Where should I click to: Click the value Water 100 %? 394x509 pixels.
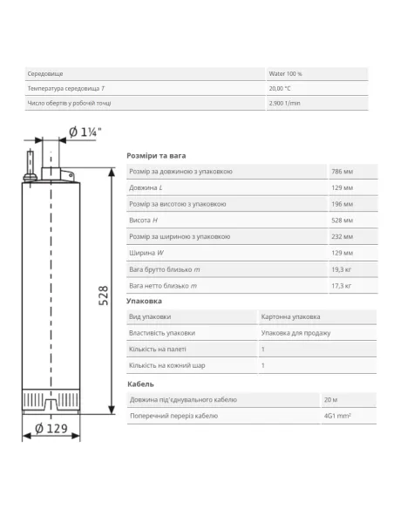click(x=285, y=74)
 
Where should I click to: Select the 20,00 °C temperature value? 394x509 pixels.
click(x=280, y=88)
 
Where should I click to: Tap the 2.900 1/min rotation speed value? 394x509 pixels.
click(x=284, y=103)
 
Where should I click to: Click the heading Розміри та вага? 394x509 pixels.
click(x=156, y=156)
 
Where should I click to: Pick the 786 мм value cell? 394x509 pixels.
click(x=342, y=172)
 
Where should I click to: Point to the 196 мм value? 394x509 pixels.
click(x=342, y=204)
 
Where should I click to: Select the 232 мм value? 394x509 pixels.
click(x=342, y=237)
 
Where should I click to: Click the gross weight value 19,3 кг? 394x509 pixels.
click(x=341, y=269)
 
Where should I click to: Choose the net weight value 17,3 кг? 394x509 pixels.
click(x=341, y=286)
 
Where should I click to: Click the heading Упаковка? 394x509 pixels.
click(x=144, y=302)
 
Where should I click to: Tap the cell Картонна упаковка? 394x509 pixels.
click(x=290, y=316)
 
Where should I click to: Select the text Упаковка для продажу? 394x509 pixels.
click(x=295, y=333)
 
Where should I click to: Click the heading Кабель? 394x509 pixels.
click(x=140, y=384)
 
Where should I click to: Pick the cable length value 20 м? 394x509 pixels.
click(x=330, y=400)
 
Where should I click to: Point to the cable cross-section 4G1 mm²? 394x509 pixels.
click(x=337, y=416)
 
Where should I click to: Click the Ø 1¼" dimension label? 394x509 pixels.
click(x=85, y=132)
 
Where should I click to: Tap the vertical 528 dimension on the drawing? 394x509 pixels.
click(x=103, y=295)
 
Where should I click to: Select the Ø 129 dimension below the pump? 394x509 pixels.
click(x=51, y=429)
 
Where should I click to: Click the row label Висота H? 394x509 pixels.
click(x=143, y=221)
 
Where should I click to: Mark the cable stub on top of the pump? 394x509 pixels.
click(x=31, y=164)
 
